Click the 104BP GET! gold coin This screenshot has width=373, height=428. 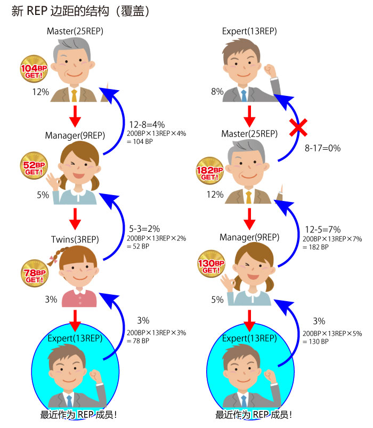[x=34, y=69]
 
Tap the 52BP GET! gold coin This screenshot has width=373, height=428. [x=34, y=165]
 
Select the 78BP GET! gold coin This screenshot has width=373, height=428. [x=35, y=273]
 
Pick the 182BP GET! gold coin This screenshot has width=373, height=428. [x=210, y=171]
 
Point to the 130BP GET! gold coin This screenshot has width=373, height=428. [x=211, y=264]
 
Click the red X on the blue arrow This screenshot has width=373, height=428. [x=298, y=127]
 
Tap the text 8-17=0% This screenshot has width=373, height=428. [x=322, y=148]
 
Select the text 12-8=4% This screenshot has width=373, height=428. [x=147, y=125]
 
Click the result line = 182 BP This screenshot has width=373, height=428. [x=315, y=247]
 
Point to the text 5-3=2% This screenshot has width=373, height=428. [x=144, y=229]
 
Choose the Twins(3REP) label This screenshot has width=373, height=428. [x=75, y=239]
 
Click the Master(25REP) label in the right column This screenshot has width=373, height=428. [x=249, y=134]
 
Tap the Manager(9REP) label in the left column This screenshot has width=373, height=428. [x=75, y=135]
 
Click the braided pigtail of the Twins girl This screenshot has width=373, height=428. [x=56, y=256]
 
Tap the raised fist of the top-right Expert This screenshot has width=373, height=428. [x=270, y=70]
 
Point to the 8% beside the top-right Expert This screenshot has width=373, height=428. [x=217, y=92]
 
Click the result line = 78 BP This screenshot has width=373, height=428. [x=138, y=341]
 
